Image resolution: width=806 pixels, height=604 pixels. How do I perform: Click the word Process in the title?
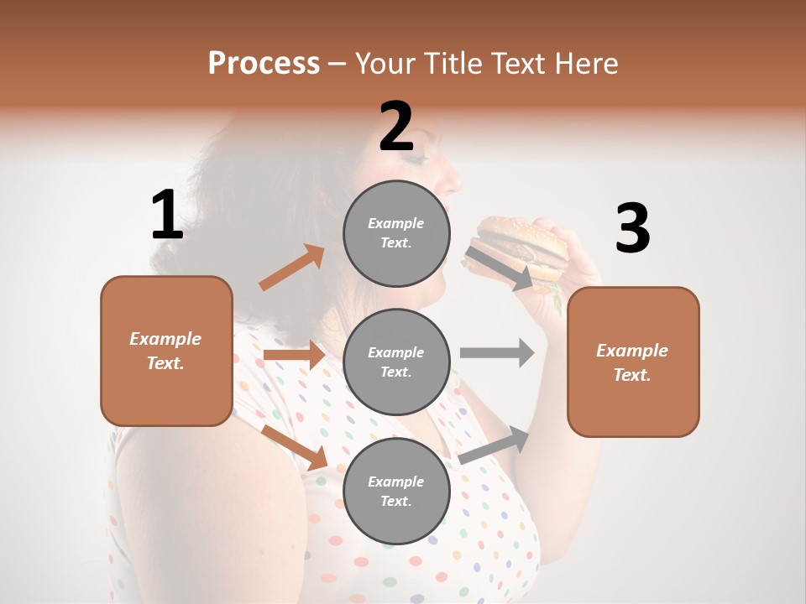click(x=264, y=64)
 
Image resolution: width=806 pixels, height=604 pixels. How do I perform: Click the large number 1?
click(x=167, y=216)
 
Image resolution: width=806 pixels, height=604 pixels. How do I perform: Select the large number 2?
click(x=396, y=127)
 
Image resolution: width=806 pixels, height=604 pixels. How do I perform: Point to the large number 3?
click(x=632, y=229)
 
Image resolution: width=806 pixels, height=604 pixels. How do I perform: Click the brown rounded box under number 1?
click(x=166, y=351)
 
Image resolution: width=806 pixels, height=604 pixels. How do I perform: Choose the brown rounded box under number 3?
click(x=633, y=362)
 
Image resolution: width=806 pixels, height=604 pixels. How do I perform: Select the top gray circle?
click(x=396, y=233)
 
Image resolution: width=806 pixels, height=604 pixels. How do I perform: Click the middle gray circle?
click(x=396, y=362)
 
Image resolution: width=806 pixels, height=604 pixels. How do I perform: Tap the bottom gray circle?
click(x=396, y=491)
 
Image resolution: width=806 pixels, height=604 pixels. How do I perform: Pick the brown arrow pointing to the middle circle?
click(x=294, y=356)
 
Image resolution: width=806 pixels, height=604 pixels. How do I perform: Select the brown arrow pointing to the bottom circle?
click(x=294, y=446)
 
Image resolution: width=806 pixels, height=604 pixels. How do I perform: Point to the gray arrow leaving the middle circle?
click(x=497, y=352)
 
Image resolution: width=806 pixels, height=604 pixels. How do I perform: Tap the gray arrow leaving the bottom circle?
click(x=494, y=445)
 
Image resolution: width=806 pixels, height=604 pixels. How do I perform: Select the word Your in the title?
click(x=385, y=64)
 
